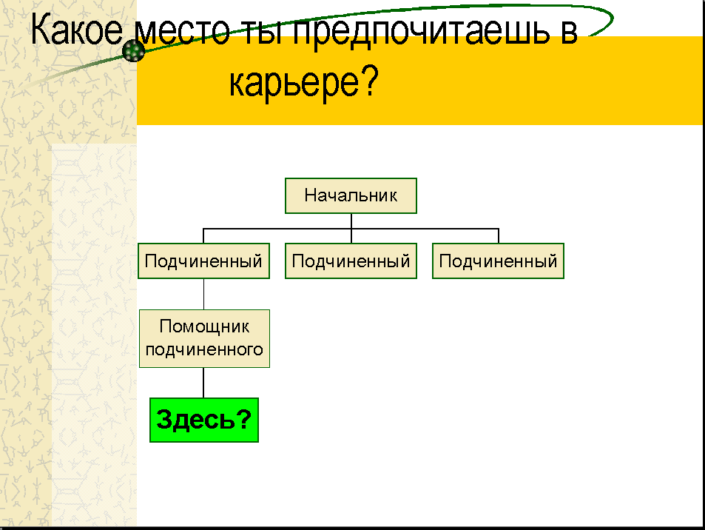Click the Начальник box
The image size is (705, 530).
point(351,195)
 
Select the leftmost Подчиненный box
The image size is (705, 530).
point(203,261)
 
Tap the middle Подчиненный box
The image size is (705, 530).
point(351,261)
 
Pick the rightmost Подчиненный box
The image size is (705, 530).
point(498,261)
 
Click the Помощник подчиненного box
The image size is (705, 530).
point(205,338)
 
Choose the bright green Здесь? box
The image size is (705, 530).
point(204,420)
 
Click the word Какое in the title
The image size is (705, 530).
point(76,30)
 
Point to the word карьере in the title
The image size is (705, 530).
point(294,82)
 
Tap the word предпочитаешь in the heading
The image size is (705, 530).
point(421,32)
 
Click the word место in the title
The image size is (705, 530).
point(182,32)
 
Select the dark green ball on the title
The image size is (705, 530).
point(134,51)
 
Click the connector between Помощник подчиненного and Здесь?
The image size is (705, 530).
point(203,383)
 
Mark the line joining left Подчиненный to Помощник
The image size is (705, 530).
point(203,294)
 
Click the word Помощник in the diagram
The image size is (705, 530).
point(205,327)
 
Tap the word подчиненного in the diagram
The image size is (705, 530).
point(205,349)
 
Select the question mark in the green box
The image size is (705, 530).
point(243,419)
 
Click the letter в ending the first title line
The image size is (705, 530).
point(569,33)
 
